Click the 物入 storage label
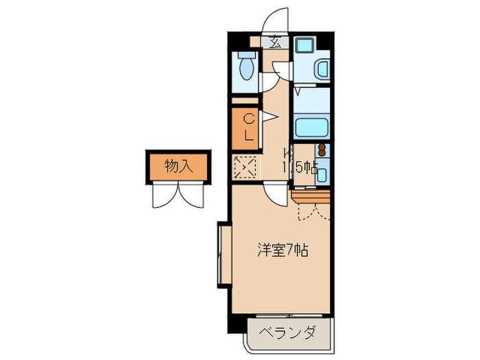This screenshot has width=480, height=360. pyautogui.click(x=176, y=165)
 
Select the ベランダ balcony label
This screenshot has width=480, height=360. pyautogui.click(x=287, y=334)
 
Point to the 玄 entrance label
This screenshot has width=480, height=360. pyautogui.click(x=274, y=42)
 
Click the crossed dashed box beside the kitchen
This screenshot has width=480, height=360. pyautogui.click(x=245, y=167)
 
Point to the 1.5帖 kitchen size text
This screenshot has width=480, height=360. pyautogui.click(x=300, y=166)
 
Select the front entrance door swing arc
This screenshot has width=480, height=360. pyautogui.click(x=276, y=19)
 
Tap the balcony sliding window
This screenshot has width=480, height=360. pyautogui.click(x=288, y=317)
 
